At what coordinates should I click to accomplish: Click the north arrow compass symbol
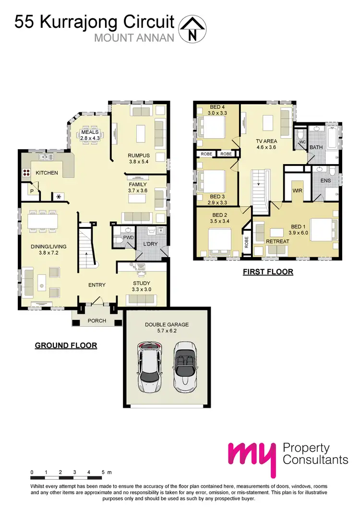point(192,28)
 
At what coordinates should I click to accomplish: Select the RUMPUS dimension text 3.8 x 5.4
point(139,162)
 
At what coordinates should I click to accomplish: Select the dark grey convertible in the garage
point(184,366)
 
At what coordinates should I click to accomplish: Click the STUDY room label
point(142,284)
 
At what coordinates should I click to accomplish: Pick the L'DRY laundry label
point(151,246)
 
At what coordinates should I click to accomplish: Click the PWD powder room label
point(129,237)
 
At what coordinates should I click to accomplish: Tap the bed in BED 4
point(213,128)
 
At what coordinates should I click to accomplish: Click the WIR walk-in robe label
point(297,190)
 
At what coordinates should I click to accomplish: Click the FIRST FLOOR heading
point(268,272)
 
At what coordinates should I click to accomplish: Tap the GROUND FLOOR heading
point(66,345)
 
